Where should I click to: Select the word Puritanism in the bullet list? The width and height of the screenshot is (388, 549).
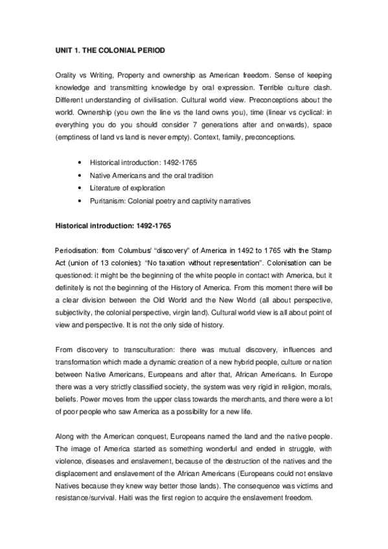point(111,200)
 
